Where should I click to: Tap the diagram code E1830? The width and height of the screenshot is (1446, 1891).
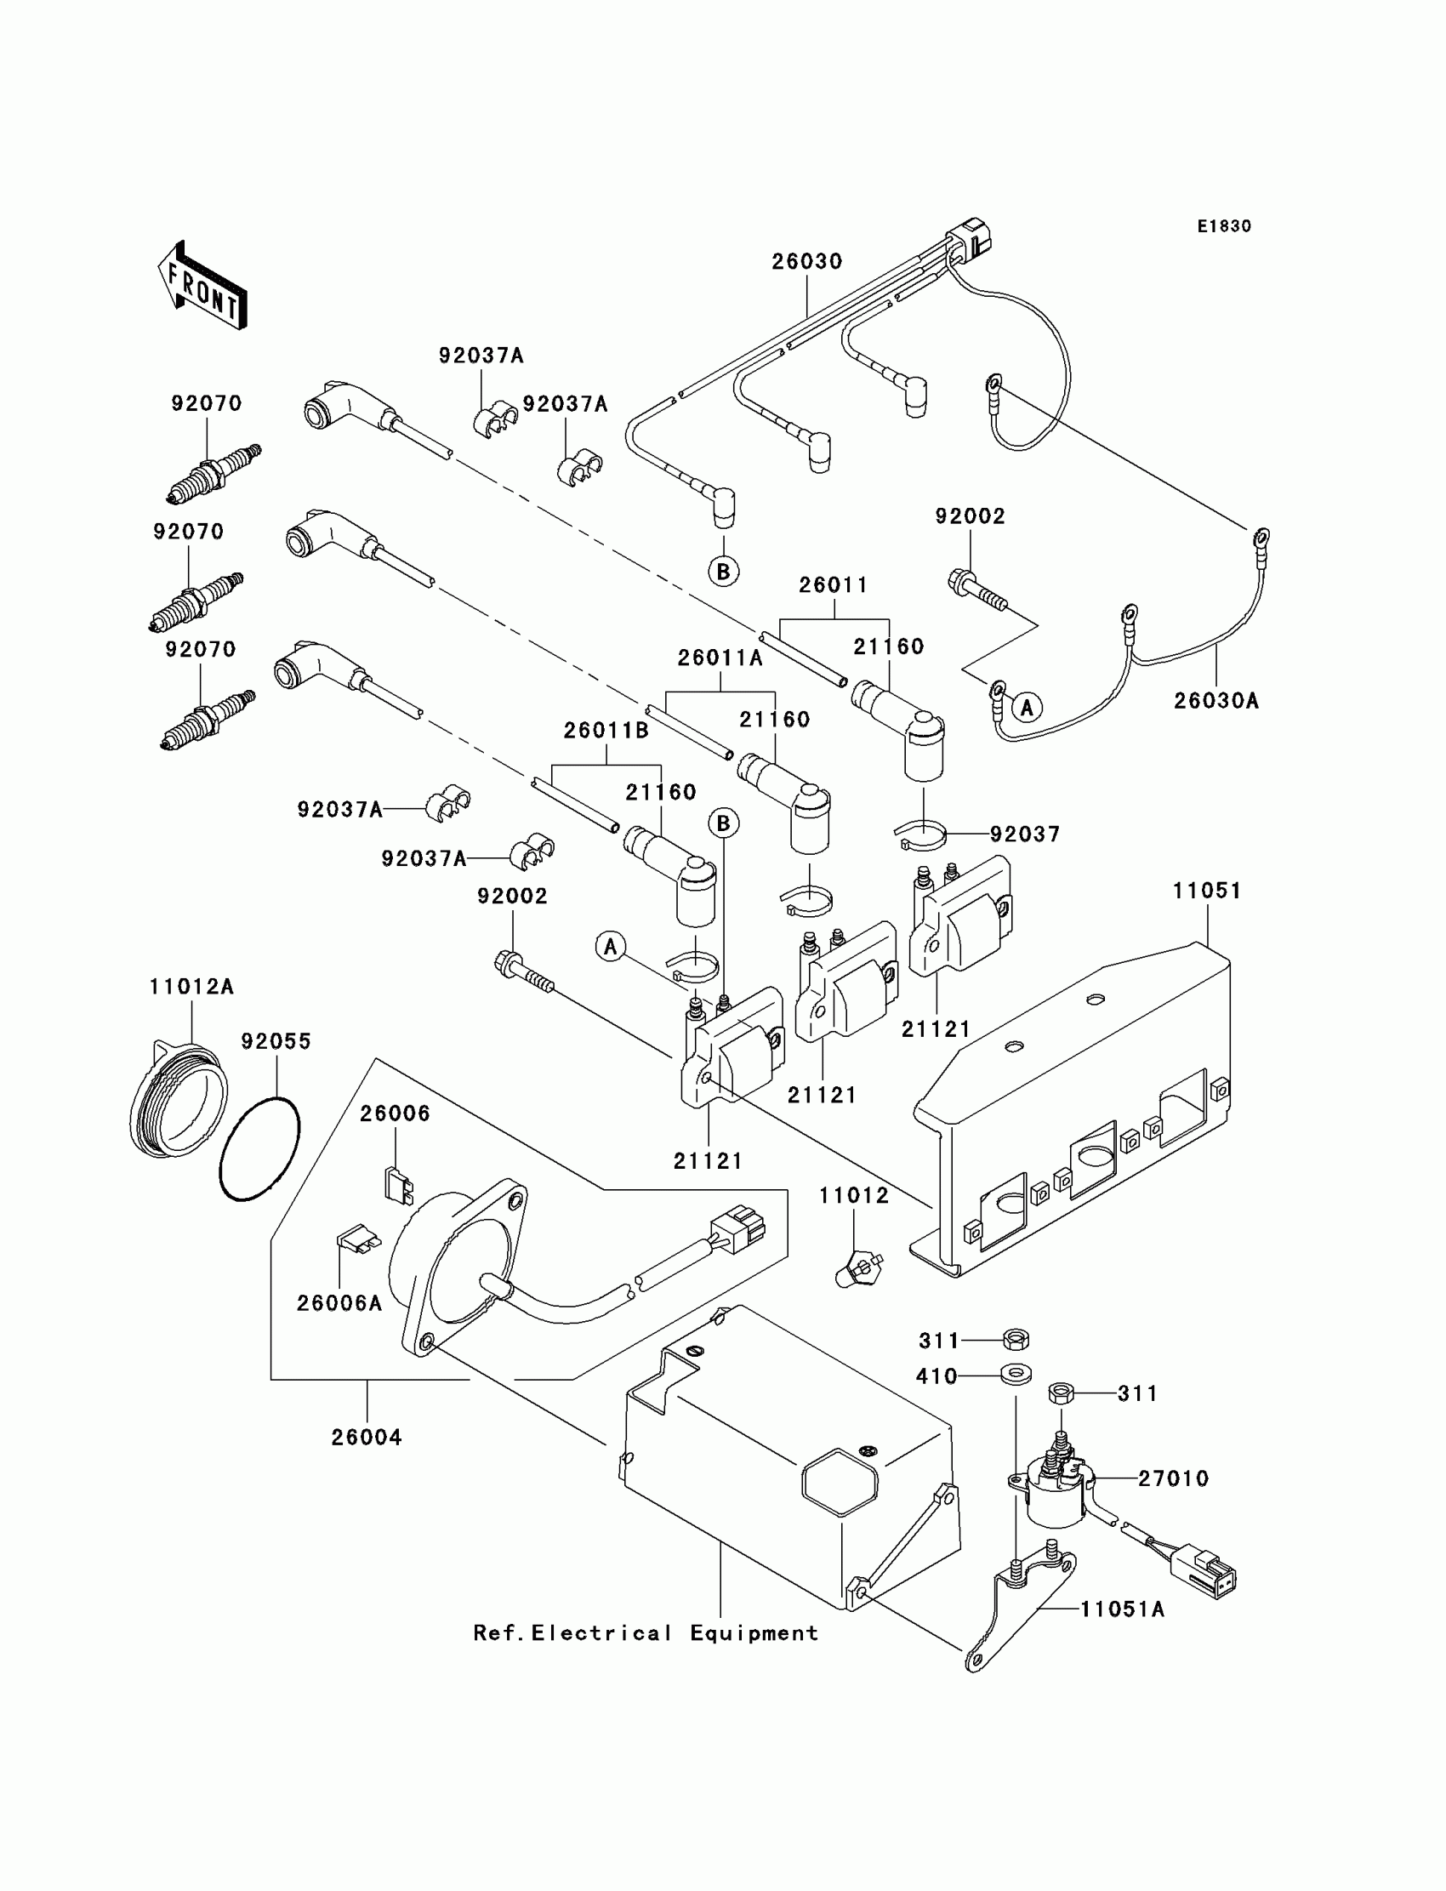[1224, 226]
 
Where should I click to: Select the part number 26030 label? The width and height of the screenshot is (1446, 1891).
[806, 262]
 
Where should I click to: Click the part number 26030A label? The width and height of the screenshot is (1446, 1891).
[1216, 702]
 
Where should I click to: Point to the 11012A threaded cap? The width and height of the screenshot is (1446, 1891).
[178, 1100]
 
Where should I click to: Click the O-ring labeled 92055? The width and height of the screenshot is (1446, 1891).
[259, 1148]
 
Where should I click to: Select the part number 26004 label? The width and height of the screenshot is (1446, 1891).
[367, 1438]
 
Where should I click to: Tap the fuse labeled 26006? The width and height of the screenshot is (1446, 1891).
[398, 1185]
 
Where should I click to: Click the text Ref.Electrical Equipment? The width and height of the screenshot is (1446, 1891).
[646, 1632]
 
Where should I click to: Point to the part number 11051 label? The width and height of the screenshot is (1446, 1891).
[1207, 891]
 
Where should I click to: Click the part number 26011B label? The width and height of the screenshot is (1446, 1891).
[606, 731]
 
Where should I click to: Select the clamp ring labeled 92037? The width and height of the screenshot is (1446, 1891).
[922, 834]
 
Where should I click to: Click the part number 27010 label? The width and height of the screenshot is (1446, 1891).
[1173, 1478]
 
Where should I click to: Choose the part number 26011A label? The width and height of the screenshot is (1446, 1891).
[720, 658]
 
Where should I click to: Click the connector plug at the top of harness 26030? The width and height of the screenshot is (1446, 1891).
[969, 239]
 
